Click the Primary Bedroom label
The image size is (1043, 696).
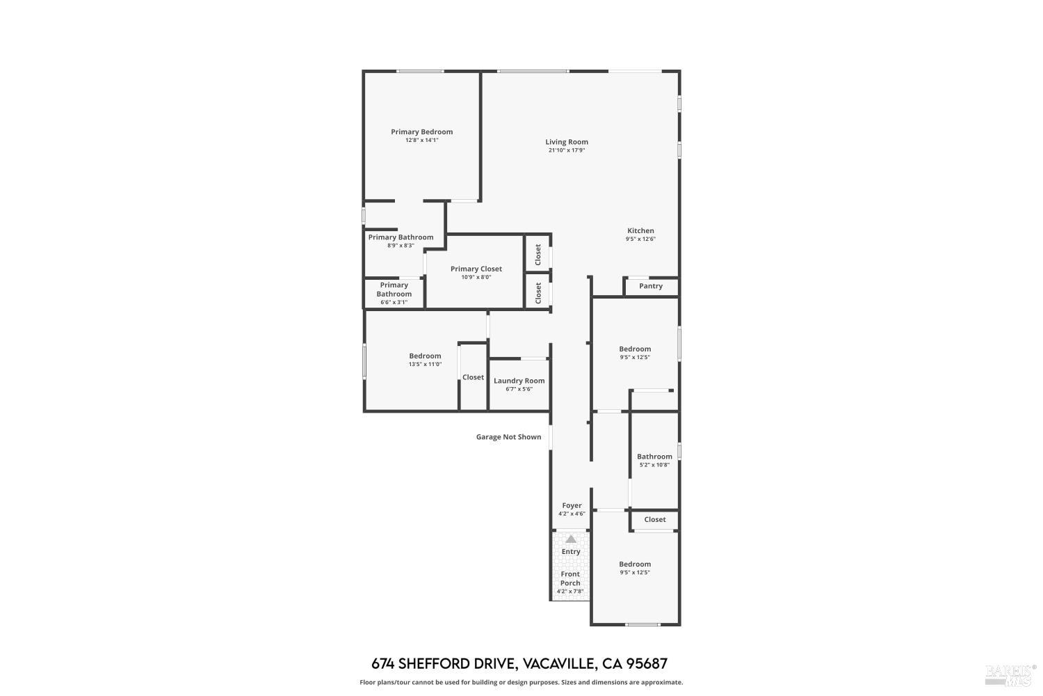(x=421, y=132)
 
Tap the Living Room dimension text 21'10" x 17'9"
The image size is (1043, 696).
(x=566, y=150)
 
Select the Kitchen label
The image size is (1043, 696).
(x=640, y=231)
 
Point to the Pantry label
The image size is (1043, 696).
(x=650, y=286)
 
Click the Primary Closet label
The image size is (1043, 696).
(x=476, y=269)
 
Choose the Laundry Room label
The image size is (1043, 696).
(x=519, y=381)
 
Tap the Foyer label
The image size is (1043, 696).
(x=572, y=505)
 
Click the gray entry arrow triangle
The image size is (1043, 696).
(x=571, y=539)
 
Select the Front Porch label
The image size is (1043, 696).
(x=570, y=578)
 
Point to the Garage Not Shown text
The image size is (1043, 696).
(x=508, y=437)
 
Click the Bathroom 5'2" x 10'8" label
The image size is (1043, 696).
(x=654, y=460)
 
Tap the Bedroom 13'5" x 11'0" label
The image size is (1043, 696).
(x=425, y=359)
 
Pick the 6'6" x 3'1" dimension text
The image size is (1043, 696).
(x=394, y=302)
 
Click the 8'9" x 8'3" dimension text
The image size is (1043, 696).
(x=401, y=245)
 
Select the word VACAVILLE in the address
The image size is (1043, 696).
(x=558, y=663)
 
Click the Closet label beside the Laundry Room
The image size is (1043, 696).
(x=473, y=377)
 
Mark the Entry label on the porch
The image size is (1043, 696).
(x=571, y=551)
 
